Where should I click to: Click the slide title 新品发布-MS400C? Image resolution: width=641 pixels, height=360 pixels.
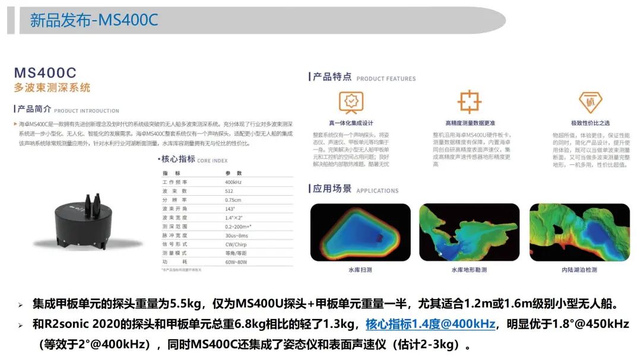(94, 20)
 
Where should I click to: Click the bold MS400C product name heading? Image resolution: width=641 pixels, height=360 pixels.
(46, 73)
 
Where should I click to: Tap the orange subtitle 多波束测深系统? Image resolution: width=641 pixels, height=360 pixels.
(52, 88)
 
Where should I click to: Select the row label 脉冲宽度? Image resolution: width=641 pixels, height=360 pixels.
(175, 235)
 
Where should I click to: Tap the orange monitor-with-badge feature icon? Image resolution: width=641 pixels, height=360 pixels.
(351, 102)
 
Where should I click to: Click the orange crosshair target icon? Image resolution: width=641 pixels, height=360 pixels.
(469, 102)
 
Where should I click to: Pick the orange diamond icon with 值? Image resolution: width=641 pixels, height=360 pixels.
(590, 102)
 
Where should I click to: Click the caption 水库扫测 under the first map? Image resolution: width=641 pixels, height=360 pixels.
(360, 270)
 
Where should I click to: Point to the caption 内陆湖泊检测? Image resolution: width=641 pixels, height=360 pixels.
(579, 270)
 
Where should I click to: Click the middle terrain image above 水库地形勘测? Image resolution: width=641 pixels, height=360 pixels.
(469, 232)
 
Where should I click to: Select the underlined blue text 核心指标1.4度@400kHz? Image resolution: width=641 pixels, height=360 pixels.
(430, 324)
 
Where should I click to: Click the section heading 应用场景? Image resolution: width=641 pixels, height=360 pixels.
(332, 189)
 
